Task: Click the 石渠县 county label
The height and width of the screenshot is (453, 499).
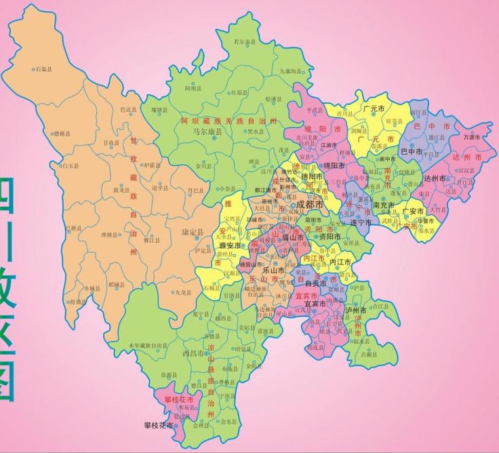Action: point(45,69)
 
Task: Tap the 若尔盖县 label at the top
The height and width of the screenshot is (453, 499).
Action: point(245,42)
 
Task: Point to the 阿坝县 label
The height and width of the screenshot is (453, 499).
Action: point(193,88)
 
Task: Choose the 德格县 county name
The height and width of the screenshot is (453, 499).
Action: point(62,134)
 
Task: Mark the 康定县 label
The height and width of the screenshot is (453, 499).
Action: point(193,232)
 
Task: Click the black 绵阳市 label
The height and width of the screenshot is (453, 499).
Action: point(334,165)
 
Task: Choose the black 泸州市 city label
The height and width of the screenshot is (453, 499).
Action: point(355,310)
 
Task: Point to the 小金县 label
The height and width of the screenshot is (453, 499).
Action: point(227,189)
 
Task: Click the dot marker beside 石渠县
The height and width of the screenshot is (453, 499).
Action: point(33,69)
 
